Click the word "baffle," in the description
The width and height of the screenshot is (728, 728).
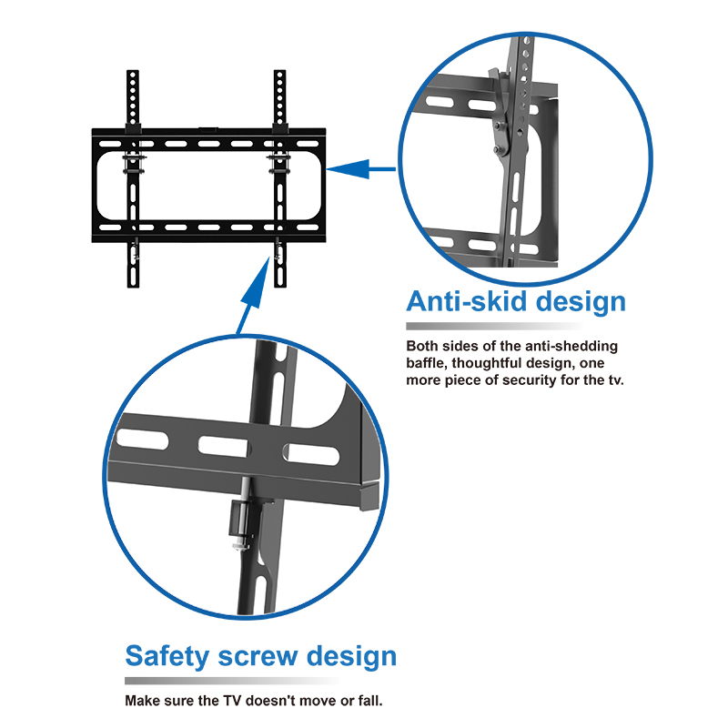click(x=427, y=362)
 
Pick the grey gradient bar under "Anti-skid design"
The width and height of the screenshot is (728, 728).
click(x=491, y=326)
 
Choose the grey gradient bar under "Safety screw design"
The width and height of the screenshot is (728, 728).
click(x=232, y=681)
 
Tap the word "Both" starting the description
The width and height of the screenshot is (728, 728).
click(x=422, y=346)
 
